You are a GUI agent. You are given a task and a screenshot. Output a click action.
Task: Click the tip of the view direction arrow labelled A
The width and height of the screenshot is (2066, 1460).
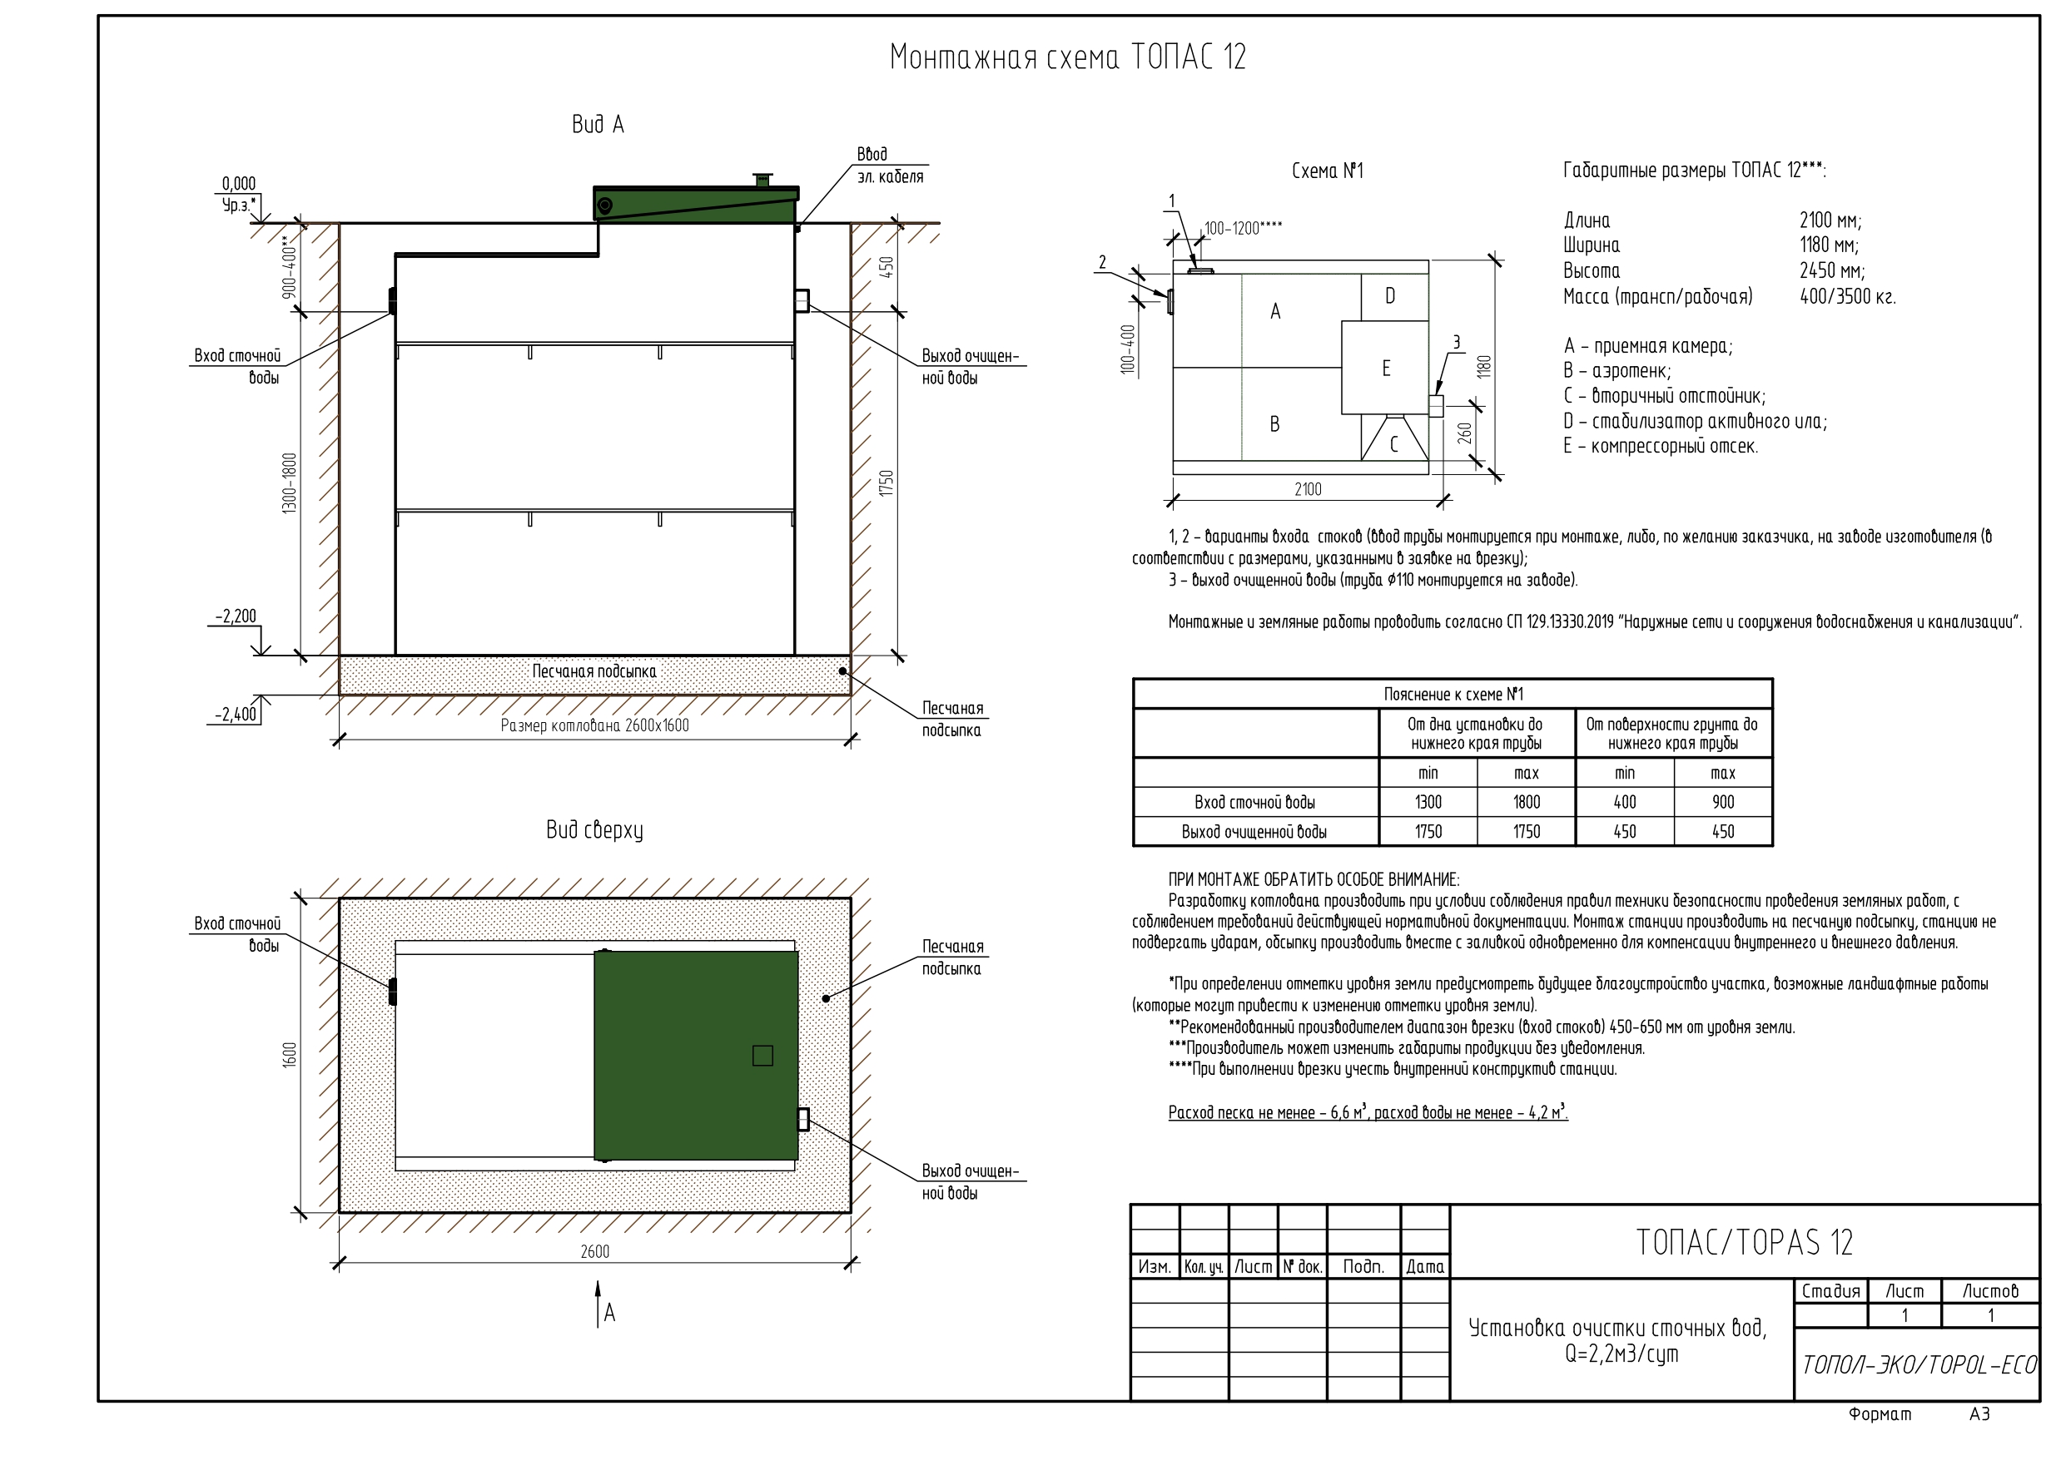click(598, 1282)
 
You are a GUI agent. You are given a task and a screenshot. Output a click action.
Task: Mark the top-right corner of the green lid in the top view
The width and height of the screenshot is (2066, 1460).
click(798, 952)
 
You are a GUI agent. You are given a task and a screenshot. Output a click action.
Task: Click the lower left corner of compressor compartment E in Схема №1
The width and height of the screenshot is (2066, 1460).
click(1342, 413)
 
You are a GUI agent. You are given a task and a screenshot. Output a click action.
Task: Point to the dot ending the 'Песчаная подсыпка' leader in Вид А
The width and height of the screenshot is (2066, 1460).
click(843, 671)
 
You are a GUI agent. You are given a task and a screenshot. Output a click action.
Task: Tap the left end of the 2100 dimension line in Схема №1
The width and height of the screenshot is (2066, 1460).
click(1174, 500)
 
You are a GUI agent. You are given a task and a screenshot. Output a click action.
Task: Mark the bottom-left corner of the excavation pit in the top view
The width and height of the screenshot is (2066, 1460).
click(340, 1213)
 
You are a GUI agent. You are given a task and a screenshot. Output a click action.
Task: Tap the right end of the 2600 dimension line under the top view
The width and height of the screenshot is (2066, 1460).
click(852, 1263)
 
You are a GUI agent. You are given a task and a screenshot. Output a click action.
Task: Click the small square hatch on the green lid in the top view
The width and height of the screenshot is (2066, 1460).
click(762, 1055)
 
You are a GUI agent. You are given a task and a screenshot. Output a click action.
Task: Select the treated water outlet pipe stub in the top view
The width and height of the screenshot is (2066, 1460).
click(803, 1119)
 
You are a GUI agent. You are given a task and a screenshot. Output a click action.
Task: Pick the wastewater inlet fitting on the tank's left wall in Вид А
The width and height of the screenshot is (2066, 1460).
click(392, 301)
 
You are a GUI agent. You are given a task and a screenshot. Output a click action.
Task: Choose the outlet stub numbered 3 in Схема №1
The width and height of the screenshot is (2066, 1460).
click(1436, 406)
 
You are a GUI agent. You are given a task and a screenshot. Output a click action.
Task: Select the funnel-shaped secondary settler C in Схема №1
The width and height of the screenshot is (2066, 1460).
click(1393, 438)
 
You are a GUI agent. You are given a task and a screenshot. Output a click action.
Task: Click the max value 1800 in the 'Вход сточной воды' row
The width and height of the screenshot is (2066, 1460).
click(1526, 801)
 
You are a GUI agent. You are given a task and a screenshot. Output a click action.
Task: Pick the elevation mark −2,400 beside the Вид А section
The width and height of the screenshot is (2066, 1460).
click(236, 715)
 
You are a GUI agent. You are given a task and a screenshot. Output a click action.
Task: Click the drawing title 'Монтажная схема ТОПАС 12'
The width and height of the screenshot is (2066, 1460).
click(1068, 57)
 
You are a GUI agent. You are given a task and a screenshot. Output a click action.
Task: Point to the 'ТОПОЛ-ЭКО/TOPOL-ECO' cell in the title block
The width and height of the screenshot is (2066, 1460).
click(1919, 1364)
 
